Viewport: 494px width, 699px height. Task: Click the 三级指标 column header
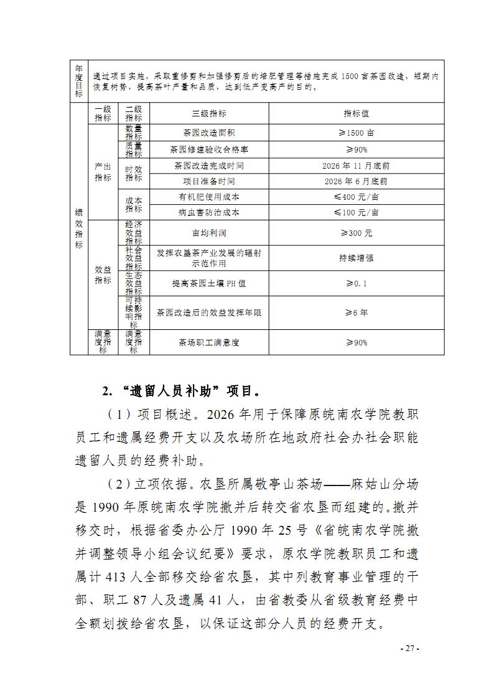(209, 113)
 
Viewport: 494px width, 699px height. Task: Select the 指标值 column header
(356, 113)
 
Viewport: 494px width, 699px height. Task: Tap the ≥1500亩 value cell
(356, 133)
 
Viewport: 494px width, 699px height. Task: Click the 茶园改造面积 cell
(209, 133)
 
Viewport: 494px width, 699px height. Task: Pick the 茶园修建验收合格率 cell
(209, 149)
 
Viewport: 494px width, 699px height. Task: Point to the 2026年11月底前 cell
(356, 166)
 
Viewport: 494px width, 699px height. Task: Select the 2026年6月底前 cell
(356, 181)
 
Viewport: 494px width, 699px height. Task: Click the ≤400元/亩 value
(356, 197)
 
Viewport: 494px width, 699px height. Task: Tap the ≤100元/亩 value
(356, 212)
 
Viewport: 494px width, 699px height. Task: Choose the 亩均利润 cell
(209, 233)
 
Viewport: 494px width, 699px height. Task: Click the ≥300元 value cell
(356, 233)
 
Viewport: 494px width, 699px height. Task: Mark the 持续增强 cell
(356, 258)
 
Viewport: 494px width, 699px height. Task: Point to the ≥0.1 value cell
(356, 283)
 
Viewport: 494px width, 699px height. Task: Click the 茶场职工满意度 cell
(209, 342)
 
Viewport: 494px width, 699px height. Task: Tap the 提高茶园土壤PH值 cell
(209, 283)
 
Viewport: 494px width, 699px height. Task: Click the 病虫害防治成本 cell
(209, 212)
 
